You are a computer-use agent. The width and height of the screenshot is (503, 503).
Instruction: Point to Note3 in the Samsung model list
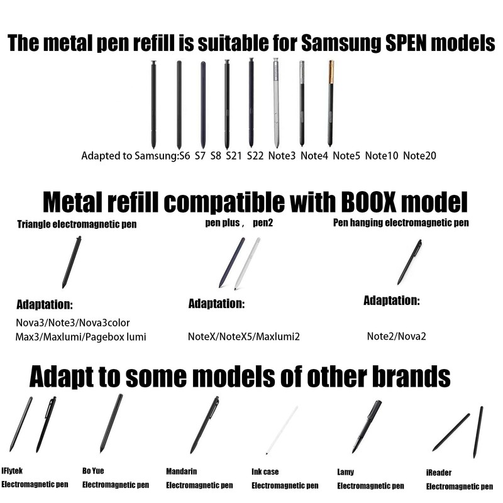pyautogui.click(x=281, y=155)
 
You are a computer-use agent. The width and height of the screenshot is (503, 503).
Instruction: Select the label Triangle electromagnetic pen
pyautogui.click(x=77, y=223)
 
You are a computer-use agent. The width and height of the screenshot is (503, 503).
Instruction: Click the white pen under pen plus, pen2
pyautogui.click(x=248, y=265)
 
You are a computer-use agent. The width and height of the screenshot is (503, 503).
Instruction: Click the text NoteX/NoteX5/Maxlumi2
pyautogui.click(x=244, y=336)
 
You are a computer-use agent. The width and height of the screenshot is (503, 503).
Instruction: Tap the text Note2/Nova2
pyautogui.click(x=397, y=336)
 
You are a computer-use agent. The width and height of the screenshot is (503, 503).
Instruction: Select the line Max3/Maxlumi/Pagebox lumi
pyautogui.click(x=81, y=337)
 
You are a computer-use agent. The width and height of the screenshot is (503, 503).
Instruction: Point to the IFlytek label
pyautogui.click(x=13, y=470)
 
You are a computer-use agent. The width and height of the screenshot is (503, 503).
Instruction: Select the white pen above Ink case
pyautogui.click(x=282, y=429)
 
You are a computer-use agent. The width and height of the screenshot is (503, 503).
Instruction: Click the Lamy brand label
pyautogui.click(x=345, y=472)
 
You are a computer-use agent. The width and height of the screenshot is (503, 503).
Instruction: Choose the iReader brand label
pyautogui.click(x=439, y=472)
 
